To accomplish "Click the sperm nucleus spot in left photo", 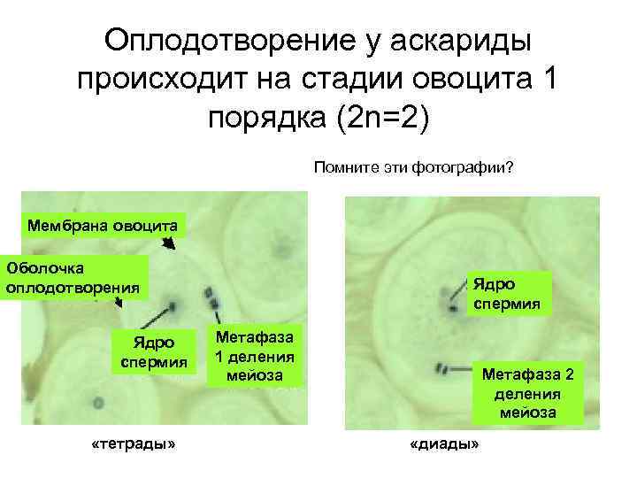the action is tap(174, 307).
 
